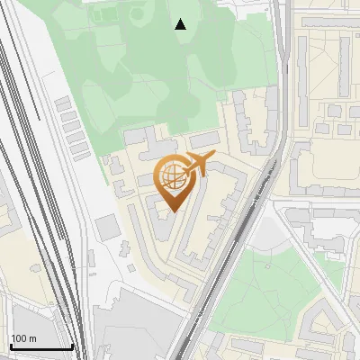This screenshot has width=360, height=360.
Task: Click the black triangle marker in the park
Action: point(181,24)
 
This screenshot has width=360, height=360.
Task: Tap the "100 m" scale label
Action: point(23,338)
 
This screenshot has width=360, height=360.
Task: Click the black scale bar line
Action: point(40,346)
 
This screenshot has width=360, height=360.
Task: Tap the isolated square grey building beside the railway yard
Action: point(108,228)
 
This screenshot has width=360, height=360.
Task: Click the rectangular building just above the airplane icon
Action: point(204,139)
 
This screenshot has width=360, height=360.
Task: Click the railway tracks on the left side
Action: point(36,180)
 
